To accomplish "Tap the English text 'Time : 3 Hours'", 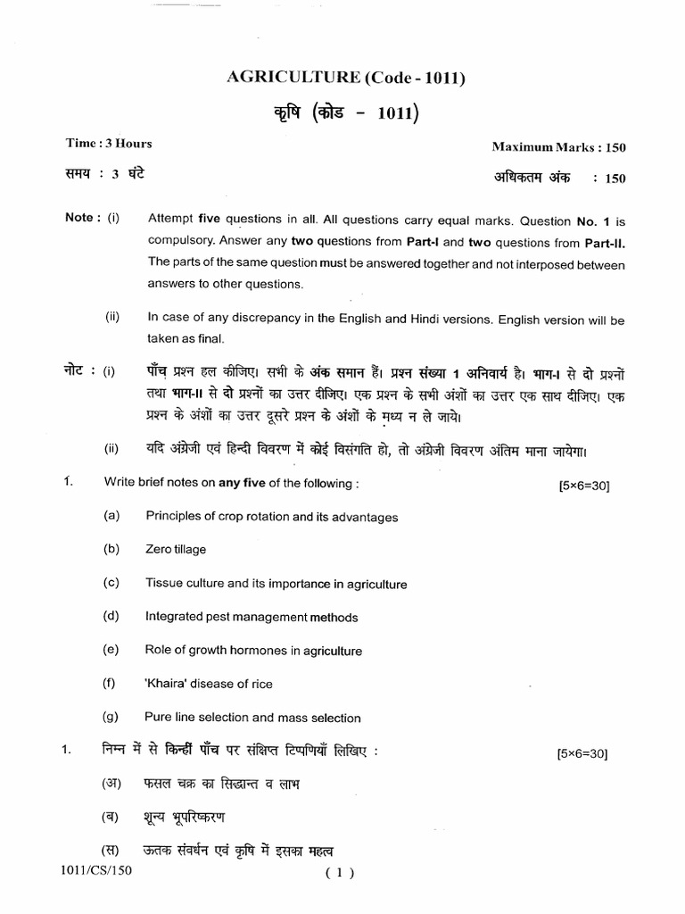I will click(x=108, y=144).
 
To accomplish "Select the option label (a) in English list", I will click(x=111, y=516).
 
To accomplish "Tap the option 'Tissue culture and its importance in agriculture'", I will click(x=276, y=584).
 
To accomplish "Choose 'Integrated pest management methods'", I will click(x=251, y=617).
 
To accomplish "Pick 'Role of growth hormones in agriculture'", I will click(x=253, y=651).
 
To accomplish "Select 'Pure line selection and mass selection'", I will click(x=252, y=718).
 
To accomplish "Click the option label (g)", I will click(x=111, y=717).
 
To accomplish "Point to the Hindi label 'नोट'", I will click(x=79, y=369).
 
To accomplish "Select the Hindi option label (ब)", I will click(x=111, y=817).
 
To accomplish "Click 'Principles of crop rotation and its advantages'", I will click(x=271, y=517).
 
